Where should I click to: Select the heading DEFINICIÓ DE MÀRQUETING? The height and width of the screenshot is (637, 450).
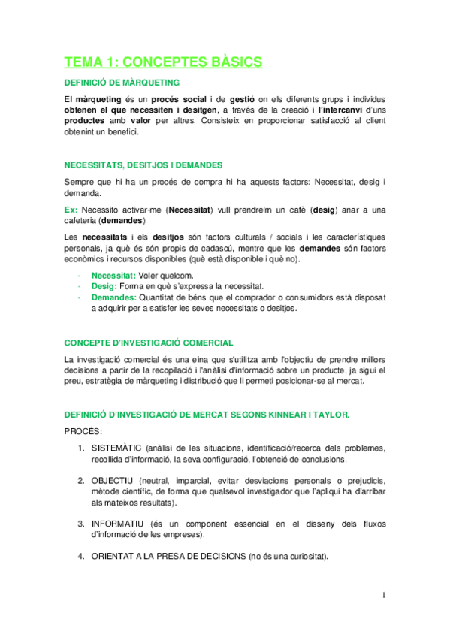(122, 82)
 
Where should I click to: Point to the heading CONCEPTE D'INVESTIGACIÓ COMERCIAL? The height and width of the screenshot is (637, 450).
(149, 342)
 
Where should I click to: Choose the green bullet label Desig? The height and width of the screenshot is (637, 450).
(104, 286)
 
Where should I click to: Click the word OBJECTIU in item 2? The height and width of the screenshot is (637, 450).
(110, 480)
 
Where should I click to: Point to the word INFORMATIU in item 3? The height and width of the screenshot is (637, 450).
(116, 523)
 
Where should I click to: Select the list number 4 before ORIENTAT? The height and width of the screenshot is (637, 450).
(80, 557)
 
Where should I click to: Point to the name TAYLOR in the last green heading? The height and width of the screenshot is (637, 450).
(327, 414)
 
